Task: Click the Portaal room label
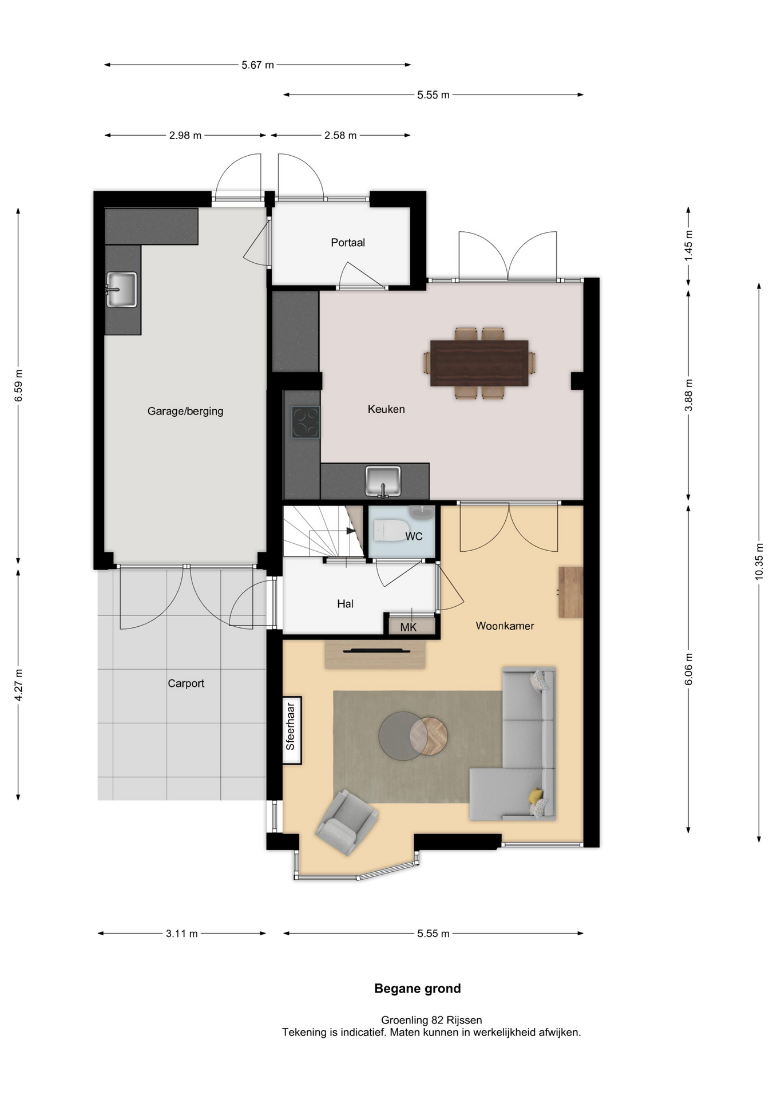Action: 348,243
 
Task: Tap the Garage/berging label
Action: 185,411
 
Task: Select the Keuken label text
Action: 386,409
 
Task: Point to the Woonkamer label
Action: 505,626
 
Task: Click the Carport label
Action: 186,683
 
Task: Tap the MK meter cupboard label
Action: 409,627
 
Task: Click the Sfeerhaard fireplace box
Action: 292,730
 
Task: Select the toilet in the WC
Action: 391,530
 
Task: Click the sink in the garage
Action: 121,290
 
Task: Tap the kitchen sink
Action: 383,481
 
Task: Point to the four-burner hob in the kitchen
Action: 306,422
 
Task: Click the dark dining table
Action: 479,363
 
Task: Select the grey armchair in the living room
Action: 347,823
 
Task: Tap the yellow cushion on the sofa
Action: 536,796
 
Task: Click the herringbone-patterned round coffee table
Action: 429,735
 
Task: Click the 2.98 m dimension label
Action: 185,136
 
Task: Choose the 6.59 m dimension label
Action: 18,385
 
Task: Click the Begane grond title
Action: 418,989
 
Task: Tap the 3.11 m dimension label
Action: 182,934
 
